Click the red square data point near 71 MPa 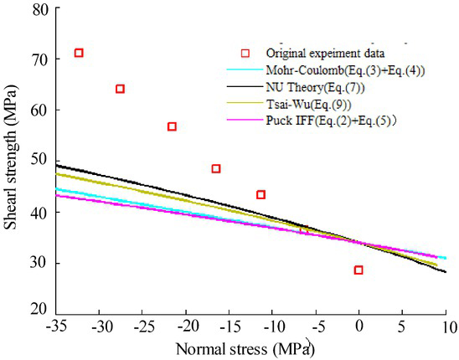point(79,53)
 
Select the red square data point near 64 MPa point(120,89)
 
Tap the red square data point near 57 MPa point(172,126)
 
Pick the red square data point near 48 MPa point(216,168)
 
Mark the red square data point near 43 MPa point(260,194)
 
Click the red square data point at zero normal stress point(358,270)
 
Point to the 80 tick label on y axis point(39,9)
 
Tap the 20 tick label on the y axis point(39,309)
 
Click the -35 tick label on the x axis point(58,324)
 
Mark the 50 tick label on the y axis point(39,160)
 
